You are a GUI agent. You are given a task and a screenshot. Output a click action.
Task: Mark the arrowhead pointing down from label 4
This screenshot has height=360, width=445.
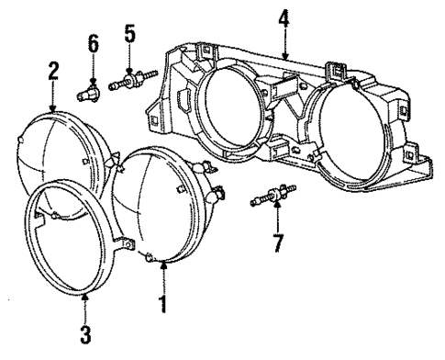(284, 58)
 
